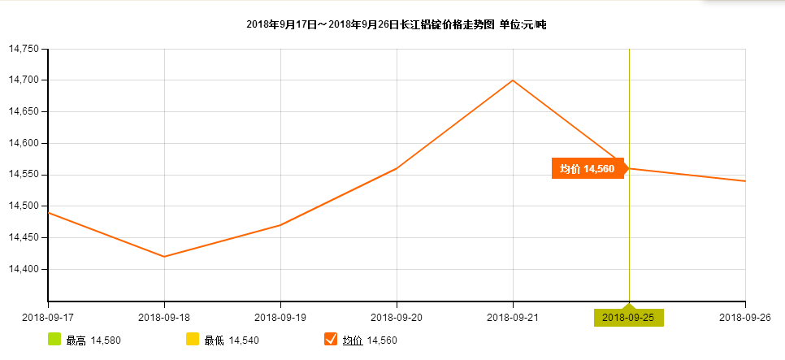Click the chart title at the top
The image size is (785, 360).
click(x=397, y=25)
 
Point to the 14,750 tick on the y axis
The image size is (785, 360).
click(x=24, y=49)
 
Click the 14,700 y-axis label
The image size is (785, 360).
click(x=24, y=80)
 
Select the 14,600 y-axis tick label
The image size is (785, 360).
click(x=24, y=143)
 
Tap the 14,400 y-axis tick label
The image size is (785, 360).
click(x=24, y=269)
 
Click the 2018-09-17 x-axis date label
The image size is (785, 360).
click(x=47, y=317)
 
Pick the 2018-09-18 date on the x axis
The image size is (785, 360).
click(x=164, y=317)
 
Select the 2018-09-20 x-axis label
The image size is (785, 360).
click(x=397, y=317)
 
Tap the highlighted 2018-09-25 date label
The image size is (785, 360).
click(x=629, y=317)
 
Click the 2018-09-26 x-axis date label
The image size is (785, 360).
click(x=745, y=317)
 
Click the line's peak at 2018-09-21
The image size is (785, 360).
click(x=513, y=80)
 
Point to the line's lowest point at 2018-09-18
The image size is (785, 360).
click(x=164, y=257)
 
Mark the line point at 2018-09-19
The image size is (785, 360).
click(x=280, y=225)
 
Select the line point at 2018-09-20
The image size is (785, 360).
click(x=397, y=168)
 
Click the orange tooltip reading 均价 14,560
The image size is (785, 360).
click(x=587, y=168)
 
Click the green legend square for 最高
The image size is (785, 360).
click(x=54, y=339)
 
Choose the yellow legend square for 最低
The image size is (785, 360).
click(x=193, y=339)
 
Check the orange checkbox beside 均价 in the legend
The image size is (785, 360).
click(x=331, y=339)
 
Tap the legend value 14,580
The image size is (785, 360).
click(x=106, y=340)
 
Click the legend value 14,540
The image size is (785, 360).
click(x=244, y=340)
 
